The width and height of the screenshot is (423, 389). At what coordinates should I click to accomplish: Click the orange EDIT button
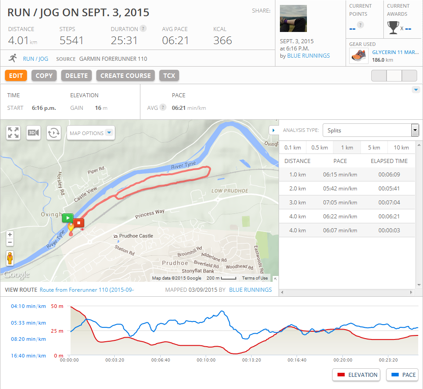click(x=16, y=76)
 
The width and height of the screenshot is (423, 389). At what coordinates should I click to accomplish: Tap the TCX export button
click(x=169, y=76)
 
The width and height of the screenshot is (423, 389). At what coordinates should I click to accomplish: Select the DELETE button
click(x=76, y=76)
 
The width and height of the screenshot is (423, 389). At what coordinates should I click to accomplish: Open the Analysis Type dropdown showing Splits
click(x=371, y=131)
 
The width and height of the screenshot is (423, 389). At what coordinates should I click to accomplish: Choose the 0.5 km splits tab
click(x=319, y=148)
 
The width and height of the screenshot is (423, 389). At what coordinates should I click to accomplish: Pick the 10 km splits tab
click(x=401, y=148)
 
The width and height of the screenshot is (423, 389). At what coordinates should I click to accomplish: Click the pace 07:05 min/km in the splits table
click(x=340, y=202)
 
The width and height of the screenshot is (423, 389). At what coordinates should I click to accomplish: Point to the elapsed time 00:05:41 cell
click(x=389, y=188)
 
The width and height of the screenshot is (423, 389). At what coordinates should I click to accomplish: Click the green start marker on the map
click(x=67, y=218)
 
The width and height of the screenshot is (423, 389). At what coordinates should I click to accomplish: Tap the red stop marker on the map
click(x=79, y=222)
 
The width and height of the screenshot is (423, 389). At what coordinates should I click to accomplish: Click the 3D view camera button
click(x=34, y=133)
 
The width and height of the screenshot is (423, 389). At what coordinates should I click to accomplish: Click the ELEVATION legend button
click(x=356, y=375)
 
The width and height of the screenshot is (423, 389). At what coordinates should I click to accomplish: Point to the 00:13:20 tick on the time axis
click(x=252, y=360)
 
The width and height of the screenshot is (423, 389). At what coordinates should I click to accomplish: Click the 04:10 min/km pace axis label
click(x=28, y=307)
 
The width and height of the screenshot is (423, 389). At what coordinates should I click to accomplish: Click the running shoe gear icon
click(x=359, y=56)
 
